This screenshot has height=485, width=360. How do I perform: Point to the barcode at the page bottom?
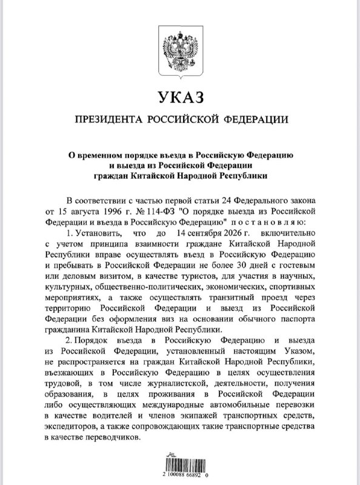pos(179,467)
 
